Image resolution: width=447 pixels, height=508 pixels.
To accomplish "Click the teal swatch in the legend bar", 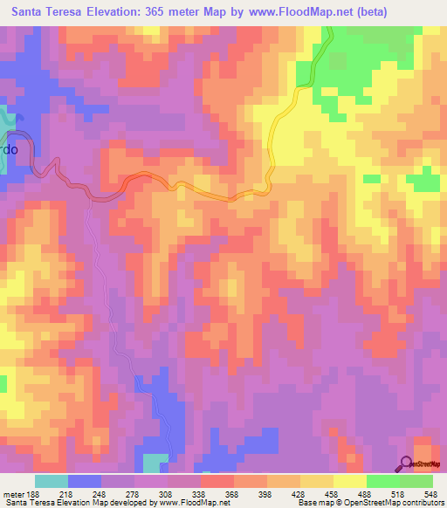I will click(x=52, y=481).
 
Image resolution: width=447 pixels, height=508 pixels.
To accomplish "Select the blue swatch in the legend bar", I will click(x=85, y=481).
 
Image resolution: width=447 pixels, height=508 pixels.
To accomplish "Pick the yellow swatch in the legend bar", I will click(x=350, y=481).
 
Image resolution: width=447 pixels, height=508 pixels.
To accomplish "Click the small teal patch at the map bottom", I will click(x=155, y=463).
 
